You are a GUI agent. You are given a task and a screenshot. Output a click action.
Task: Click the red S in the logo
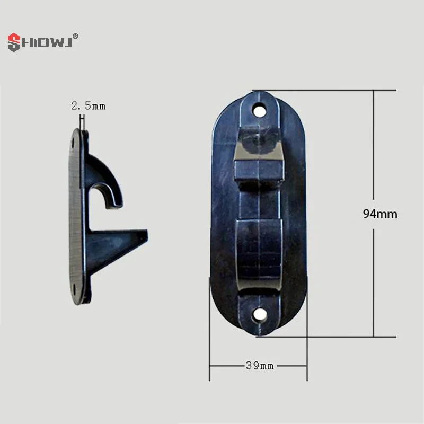[x=14, y=42]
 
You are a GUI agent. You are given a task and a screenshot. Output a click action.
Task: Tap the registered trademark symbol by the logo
[x=75, y=36]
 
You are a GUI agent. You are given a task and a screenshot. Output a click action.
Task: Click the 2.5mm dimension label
[x=89, y=105]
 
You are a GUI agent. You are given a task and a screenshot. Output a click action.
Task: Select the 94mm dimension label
[x=380, y=214]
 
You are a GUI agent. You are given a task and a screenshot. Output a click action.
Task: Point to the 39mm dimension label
[x=260, y=366]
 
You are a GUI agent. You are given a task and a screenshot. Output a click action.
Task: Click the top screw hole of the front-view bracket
[x=259, y=111]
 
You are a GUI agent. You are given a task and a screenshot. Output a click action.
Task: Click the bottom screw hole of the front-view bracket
[x=260, y=314]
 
